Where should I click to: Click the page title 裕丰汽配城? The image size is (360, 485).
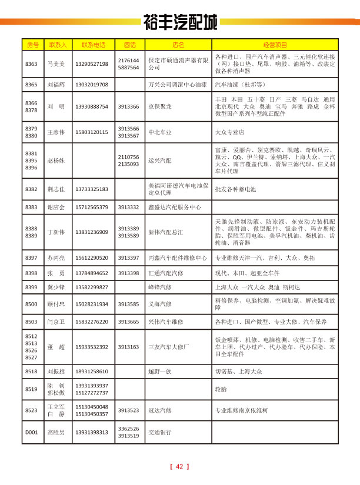180,22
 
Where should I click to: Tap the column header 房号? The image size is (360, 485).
32,45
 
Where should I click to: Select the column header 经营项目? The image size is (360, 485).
275,45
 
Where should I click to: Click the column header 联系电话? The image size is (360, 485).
93,45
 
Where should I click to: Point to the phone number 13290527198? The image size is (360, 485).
92,64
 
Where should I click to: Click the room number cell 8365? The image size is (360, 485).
32,85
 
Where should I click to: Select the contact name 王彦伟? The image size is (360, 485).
56,132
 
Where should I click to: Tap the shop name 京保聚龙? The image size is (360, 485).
159,107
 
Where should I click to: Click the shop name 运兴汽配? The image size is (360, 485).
159,159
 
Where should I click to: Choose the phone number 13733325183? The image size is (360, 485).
92,189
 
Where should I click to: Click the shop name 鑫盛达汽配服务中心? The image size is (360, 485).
175,208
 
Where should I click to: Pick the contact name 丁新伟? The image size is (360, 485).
56,232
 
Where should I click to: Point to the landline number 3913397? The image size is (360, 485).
128,257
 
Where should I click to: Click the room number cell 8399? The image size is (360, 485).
32,287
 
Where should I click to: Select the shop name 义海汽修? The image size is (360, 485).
159,305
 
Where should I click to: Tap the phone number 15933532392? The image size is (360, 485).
92,347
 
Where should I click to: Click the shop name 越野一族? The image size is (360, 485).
159,372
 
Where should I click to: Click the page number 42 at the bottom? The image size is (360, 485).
180,467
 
